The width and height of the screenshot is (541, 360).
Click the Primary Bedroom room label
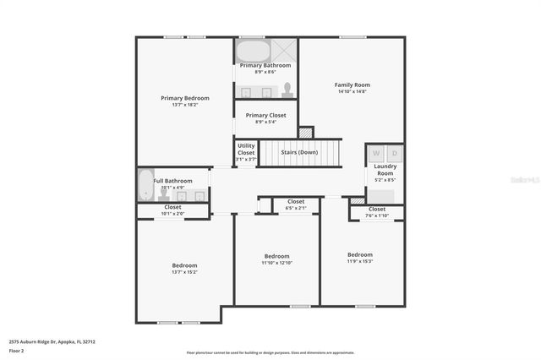pos(185,98)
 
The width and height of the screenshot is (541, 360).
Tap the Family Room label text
pos(352,85)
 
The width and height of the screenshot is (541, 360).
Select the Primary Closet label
pos(265,115)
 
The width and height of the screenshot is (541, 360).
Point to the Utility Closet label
pos(246,149)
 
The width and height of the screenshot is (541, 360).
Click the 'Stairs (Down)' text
pos(299,152)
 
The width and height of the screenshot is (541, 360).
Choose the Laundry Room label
pos(385,169)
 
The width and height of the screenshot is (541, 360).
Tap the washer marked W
pos(376,153)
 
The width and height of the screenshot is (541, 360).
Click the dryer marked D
pos(394,153)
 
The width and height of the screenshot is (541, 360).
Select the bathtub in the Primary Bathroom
pos(251,52)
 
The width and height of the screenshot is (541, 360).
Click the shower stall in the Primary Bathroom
pos(283,49)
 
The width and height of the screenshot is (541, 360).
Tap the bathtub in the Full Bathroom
pos(144,185)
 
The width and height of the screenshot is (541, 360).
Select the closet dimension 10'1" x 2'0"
pos(172,214)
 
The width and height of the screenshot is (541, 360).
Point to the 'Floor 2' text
pos(16,350)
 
